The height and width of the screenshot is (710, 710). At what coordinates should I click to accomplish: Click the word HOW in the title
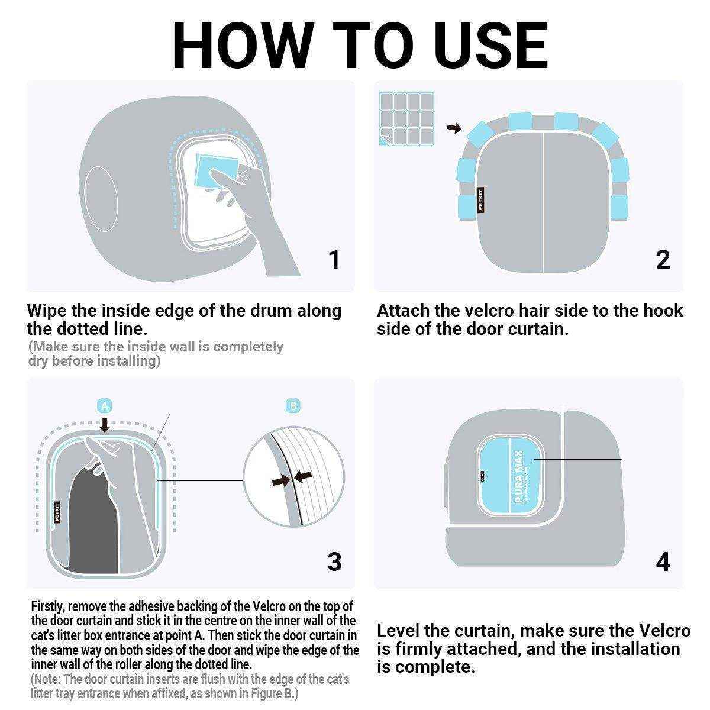[244, 46]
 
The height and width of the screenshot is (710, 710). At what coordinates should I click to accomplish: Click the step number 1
[334, 260]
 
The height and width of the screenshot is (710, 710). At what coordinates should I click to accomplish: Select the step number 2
[663, 260]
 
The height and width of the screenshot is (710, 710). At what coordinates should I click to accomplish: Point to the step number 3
[334, 561]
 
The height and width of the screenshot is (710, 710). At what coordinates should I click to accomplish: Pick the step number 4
[663, 561]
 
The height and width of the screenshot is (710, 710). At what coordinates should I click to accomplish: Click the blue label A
[105, 406]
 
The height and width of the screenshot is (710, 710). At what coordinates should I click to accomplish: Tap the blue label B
[293, 406]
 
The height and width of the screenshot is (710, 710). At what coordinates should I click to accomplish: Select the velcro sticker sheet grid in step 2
[406, 119]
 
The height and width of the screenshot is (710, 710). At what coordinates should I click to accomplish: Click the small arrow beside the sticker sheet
[454, 128]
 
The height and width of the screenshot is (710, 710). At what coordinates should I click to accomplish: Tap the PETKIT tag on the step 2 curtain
[480, 200]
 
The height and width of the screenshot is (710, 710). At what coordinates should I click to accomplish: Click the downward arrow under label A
[105, 424]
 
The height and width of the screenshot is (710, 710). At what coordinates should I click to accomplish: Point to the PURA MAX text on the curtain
[519, 477]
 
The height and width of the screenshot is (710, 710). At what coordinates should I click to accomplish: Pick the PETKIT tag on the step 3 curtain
[57, 512]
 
